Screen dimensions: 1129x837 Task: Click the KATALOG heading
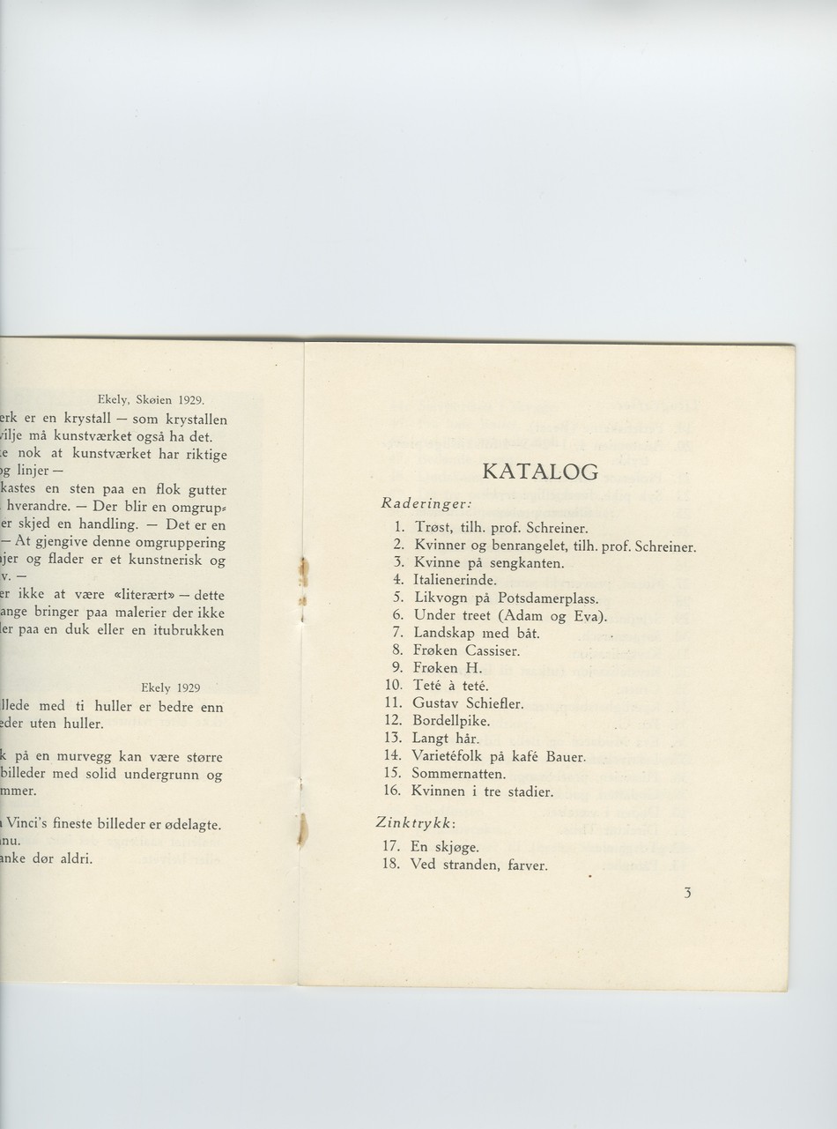coord(540,472)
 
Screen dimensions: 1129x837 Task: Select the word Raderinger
coord(417,504)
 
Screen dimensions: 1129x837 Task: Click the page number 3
coord(687,893)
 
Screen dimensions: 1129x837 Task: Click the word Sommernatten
coord(458,774)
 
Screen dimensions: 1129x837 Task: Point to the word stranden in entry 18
coord(471,865)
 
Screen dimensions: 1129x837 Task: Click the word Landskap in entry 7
coord(443,633)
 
